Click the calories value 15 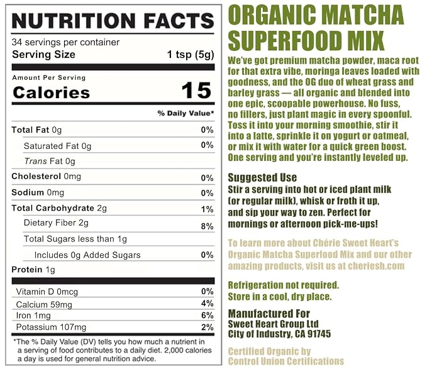[x=196, y=91]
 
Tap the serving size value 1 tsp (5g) [x=191, y=55]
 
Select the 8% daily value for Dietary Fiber [x=208, y=226]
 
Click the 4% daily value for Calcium [x=208, y=303]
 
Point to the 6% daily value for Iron [x=208, y=315]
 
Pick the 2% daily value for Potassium [x=208, y=327]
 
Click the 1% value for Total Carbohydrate [x=208, y=209]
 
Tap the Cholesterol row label [x=36, y=177]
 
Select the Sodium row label [x=28, y=192]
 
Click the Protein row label [x=27, y=270]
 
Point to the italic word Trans [x=35, y=161]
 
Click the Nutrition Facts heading [x=113, y=21]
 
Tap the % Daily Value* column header [x=186, y=113]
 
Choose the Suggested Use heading [x=262, y=177]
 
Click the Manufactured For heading [x=269, y=314]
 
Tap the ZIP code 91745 [x=319, y=334]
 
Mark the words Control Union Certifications [x=286, y=361]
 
